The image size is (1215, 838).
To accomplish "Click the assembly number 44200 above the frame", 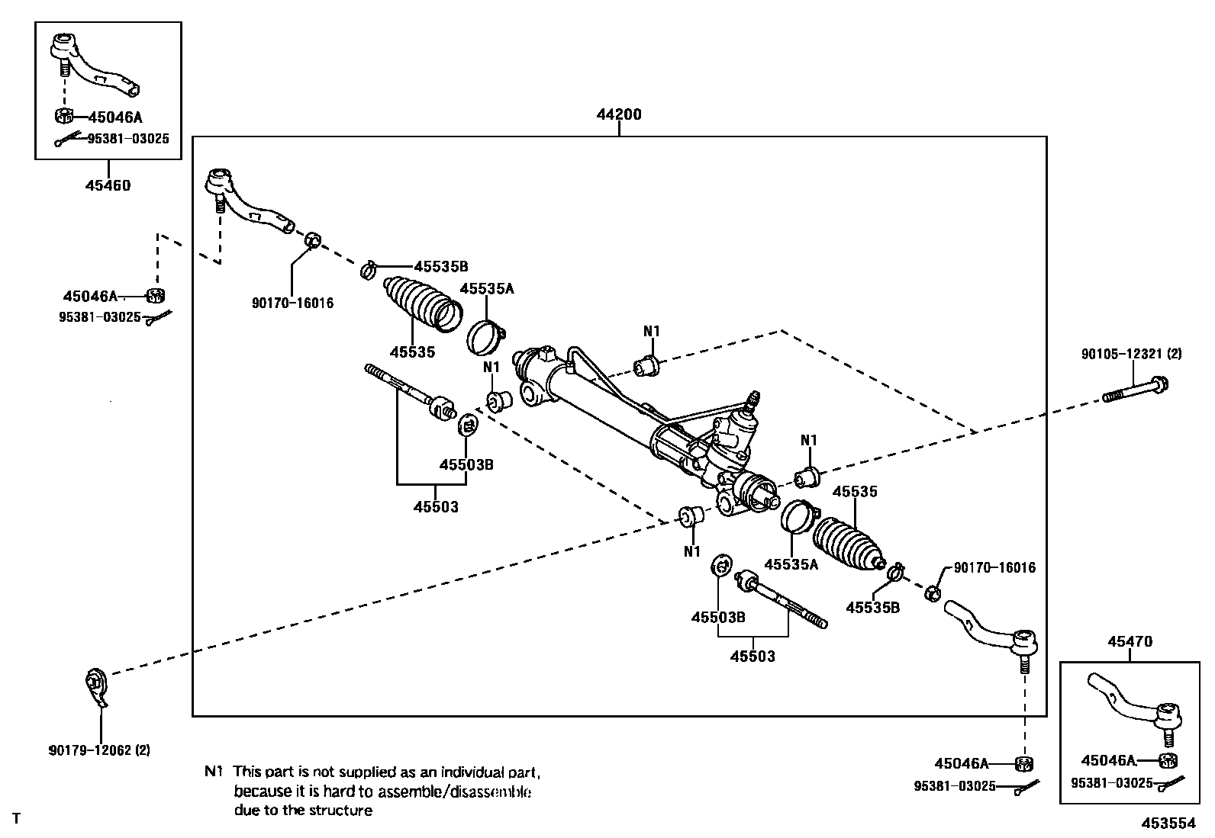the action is click(x=619, y=114).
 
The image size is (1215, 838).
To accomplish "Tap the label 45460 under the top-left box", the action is click(x=108, y=185).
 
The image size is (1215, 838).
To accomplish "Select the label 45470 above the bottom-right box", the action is click(x=1130, y=642).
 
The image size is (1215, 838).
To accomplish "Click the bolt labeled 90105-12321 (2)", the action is click(x=1136, y=390).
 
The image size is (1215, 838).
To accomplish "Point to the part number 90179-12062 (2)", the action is click(x=99, y=751).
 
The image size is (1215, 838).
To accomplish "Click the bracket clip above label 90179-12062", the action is click(x=96, y=686).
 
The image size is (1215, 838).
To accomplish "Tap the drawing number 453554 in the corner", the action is click(x=1168, y=824).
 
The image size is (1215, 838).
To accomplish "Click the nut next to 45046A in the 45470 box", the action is click(x=1168, y=761).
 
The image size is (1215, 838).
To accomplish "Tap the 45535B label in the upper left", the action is click(x=441, y=267).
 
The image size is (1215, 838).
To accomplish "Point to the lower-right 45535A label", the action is click(x=791, y=564).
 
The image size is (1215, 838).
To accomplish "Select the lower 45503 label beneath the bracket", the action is click(x=753, y=657).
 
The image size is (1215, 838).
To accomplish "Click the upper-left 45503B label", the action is click(x=466, y=465).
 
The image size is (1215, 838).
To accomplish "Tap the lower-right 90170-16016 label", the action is click(x=994, y=567).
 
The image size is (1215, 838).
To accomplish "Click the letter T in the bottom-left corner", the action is click(x=16, y=818).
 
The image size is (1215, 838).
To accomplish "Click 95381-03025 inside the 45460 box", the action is click(x=128, y=139).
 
